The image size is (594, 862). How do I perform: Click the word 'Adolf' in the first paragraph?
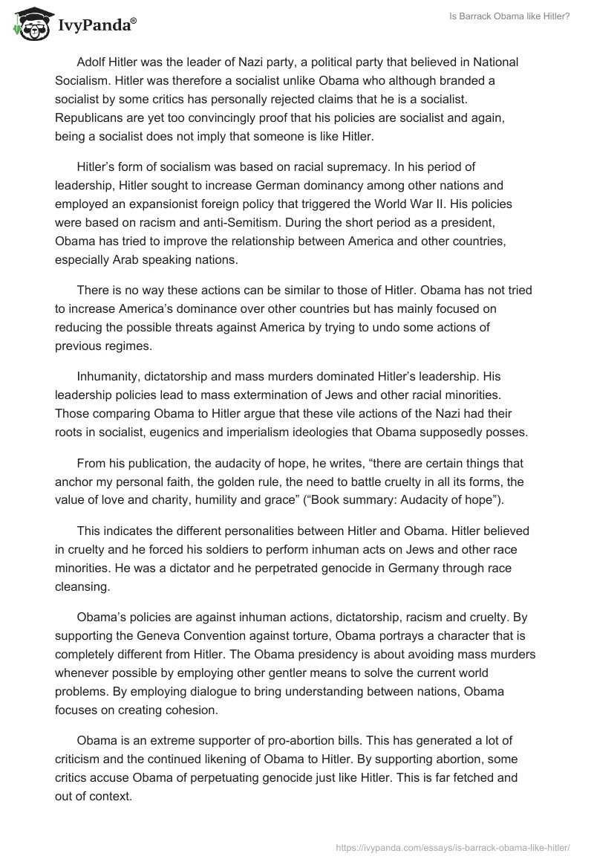tap(92, 62)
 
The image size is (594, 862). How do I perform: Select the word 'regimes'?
tap(125, 345)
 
